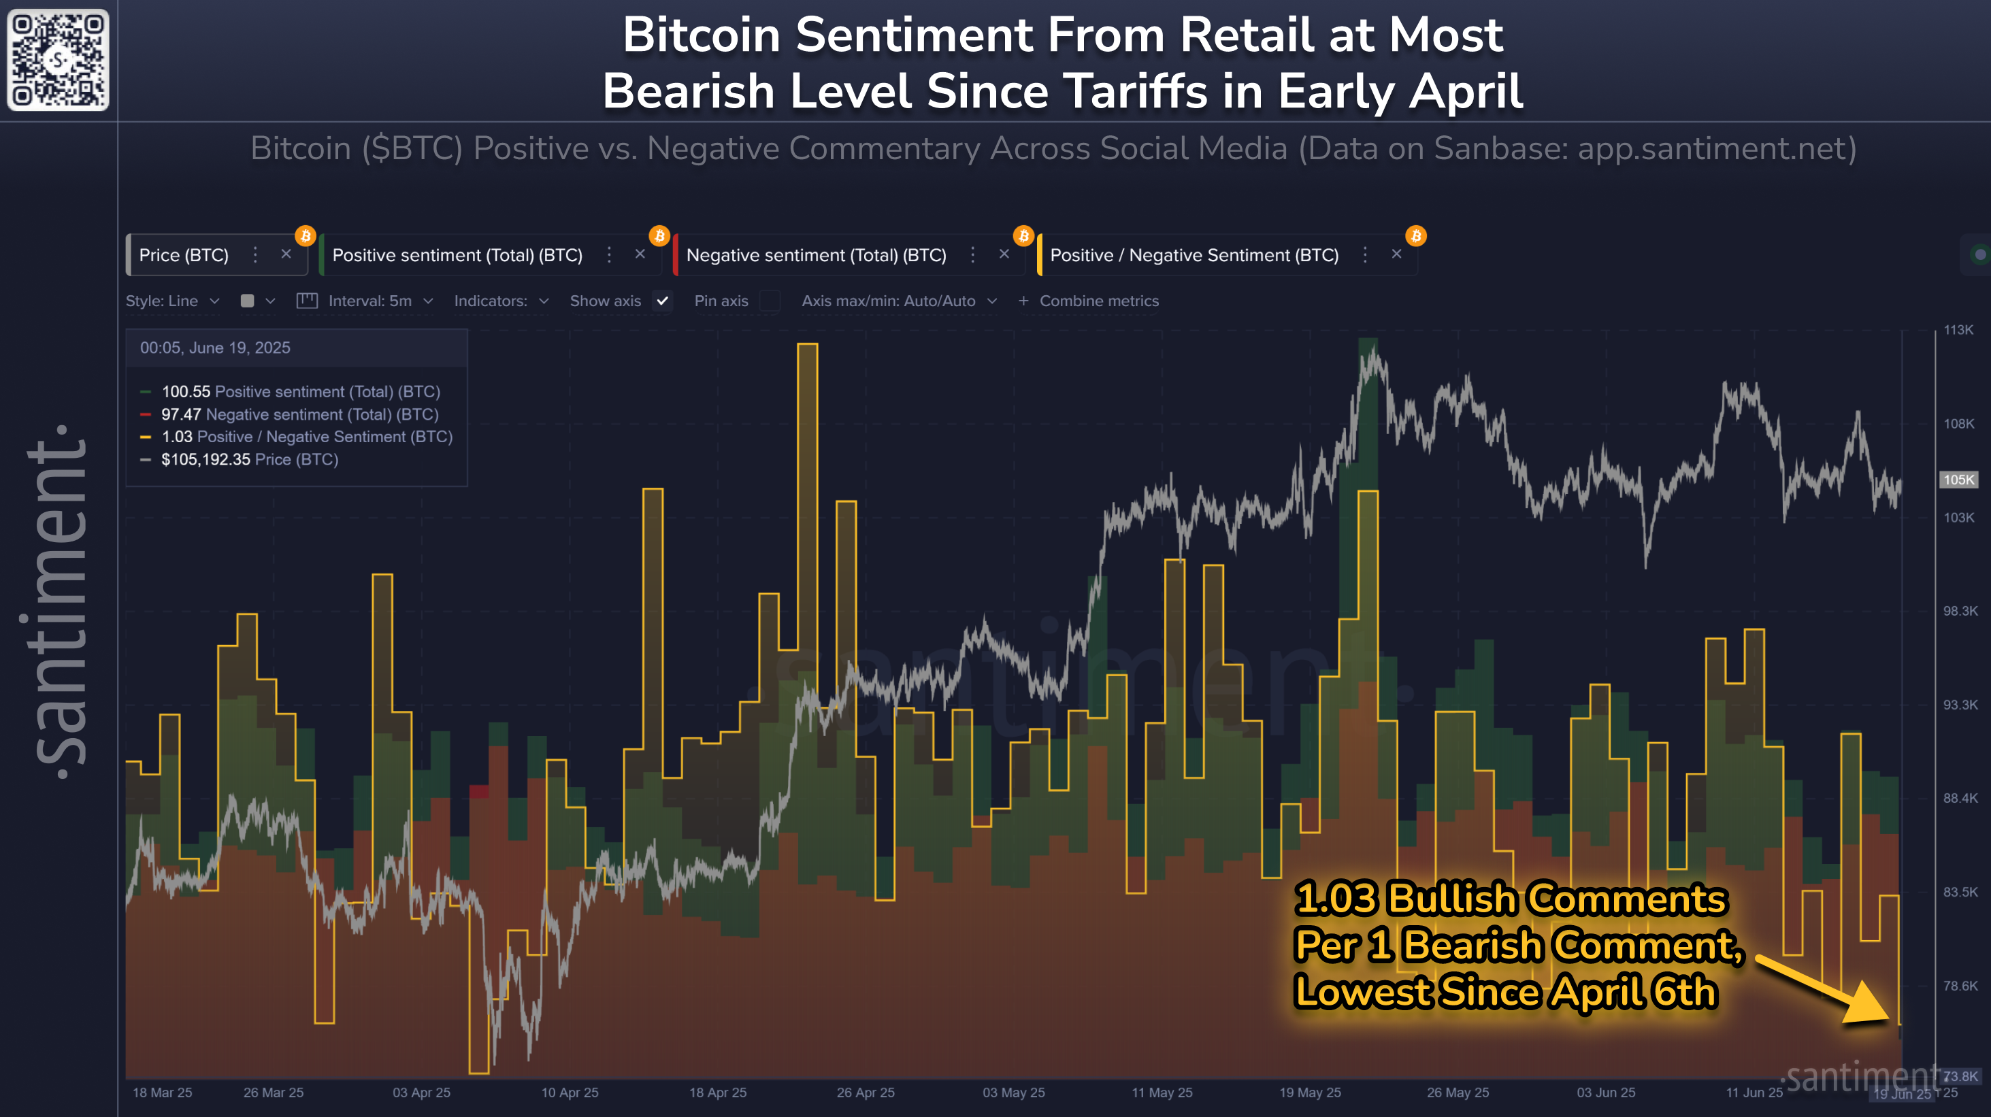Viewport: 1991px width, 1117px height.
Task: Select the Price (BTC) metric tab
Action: (x=184, y=255)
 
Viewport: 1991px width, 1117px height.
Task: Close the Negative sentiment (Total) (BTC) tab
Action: (x=1004, y=254)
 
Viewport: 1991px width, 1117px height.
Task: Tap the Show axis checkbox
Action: (x=662, y=301)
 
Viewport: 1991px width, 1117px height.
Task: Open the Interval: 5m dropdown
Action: (x=380, y=301)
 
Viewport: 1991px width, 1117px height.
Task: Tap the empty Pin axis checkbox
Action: (x=770, y=301)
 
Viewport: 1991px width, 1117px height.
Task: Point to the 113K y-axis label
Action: (x=1958, y=330)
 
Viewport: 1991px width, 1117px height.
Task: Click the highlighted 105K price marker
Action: (x=1958, y=480)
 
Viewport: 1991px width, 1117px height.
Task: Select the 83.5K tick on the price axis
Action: (x=1960, y=893)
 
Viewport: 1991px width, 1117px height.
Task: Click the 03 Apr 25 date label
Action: (x=421, y=1093)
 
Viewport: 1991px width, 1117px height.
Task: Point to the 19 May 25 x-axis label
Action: (x=1309, y=1093)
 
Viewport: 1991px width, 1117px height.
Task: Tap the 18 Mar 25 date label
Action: (x=163, y=1093)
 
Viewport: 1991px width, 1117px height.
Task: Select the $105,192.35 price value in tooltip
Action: (x=205, y=460)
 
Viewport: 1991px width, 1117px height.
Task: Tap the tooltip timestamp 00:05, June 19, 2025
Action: (x=215, y=348)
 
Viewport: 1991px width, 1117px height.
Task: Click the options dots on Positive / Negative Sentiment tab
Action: (x=1365, y=255)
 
